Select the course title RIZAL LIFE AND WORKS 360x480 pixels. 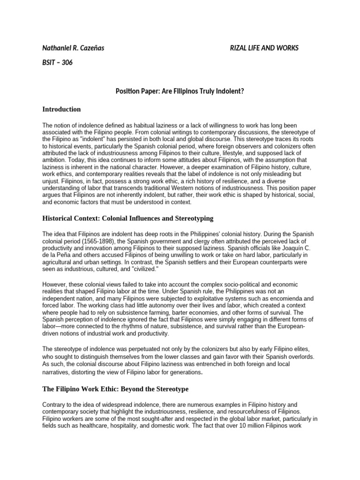pos(263,48)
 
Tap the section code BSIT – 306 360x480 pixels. pos(58,63)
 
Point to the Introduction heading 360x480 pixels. pos(61,109)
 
